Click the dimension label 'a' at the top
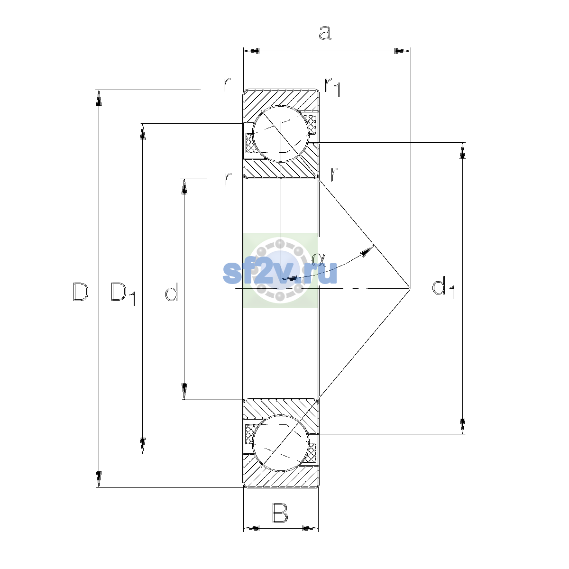325,33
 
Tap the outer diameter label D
80,292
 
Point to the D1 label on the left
123,294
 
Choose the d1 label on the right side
443,288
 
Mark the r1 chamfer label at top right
333,88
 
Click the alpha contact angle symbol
318,259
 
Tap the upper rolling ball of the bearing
281,134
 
